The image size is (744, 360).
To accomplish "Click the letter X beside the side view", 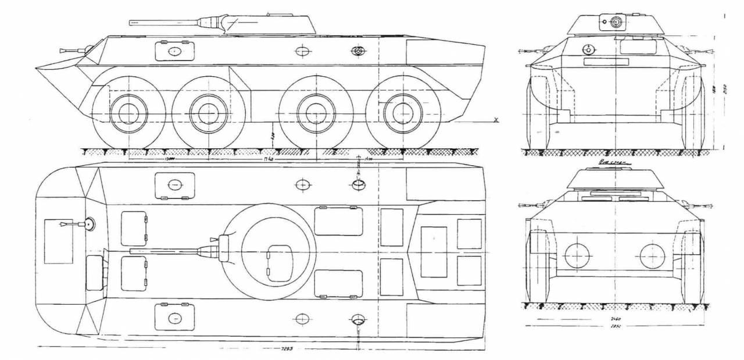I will pyautogui.click(x=496, y=120).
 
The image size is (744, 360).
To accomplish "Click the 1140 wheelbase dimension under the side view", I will pyautogui.click(x=269, y=158).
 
